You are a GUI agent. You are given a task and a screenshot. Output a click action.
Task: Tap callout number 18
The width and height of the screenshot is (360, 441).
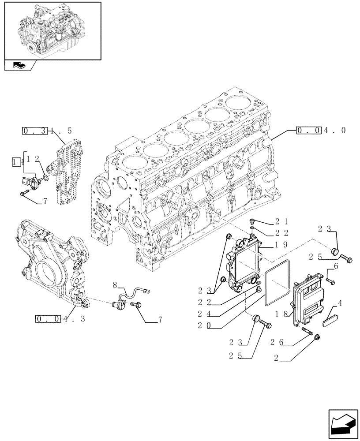pos(281,314)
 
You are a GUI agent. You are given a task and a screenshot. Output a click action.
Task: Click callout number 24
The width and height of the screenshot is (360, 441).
pos(204,314)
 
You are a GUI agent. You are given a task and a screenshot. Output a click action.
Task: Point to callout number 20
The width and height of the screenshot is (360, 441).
pos(204,326)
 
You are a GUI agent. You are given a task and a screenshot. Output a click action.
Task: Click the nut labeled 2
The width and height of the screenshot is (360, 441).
pos(318,337)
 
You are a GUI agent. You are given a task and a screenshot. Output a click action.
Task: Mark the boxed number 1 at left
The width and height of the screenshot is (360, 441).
pos(16,161)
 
